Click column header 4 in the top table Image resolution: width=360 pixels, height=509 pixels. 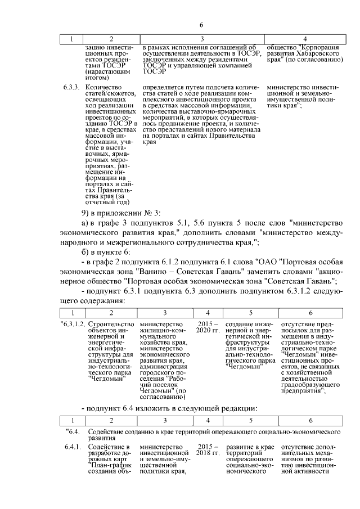coord(304,39)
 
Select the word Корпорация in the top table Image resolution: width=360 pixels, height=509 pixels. coord(317,47)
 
